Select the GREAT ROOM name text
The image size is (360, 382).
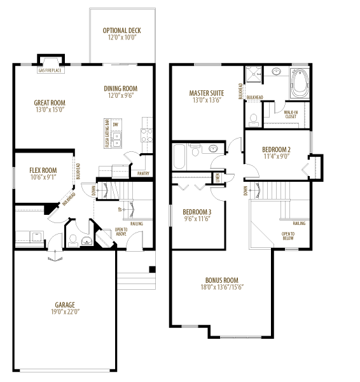tap(50, 103)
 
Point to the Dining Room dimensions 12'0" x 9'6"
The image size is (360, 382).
tap(121, 96)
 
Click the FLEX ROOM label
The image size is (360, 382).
tap(43, 170)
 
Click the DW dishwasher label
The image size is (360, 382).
tap(116, 125)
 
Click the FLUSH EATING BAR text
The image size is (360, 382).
tap(107, 133)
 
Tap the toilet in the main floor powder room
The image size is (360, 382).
tap(73, 240)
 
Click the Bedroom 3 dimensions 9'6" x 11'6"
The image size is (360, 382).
tap(197, 219)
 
